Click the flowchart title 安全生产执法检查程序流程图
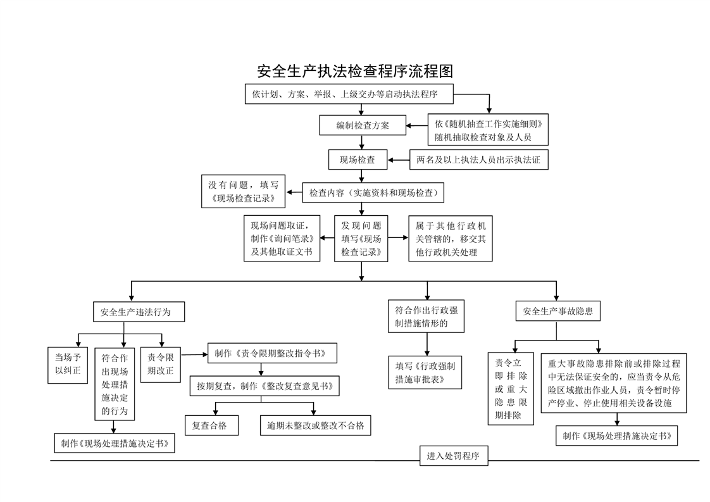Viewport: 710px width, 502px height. click(355, 71)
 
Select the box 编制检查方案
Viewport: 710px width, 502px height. click(362, 125)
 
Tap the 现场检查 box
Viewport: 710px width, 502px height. click(358, 160)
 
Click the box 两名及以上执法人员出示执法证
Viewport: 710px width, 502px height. click(478, 160)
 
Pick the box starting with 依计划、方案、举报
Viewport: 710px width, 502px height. click(349, 94)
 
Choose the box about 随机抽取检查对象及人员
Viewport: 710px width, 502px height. click(488, 130)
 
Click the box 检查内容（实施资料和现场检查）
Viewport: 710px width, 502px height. click(373, 192)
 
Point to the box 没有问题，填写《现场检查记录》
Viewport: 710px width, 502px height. click(243, 191)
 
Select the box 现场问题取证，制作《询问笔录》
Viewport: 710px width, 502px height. click(282, 238)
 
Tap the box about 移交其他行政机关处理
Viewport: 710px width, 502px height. click(450, 238)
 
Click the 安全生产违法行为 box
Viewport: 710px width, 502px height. click(139, 311)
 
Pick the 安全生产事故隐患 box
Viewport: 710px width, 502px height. click(558, 311)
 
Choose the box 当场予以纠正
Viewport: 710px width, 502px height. click(68, 365)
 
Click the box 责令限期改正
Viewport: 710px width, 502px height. click(160, 365)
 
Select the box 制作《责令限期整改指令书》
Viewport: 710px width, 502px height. click(272, 353)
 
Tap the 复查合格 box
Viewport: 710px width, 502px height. click(211, 425)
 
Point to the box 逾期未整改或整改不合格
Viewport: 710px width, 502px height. click(315, 425)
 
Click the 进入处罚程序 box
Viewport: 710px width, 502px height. click(454, 456)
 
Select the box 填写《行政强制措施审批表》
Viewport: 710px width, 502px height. click(425, 372)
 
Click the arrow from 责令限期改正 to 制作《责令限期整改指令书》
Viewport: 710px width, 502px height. click(194, 355)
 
